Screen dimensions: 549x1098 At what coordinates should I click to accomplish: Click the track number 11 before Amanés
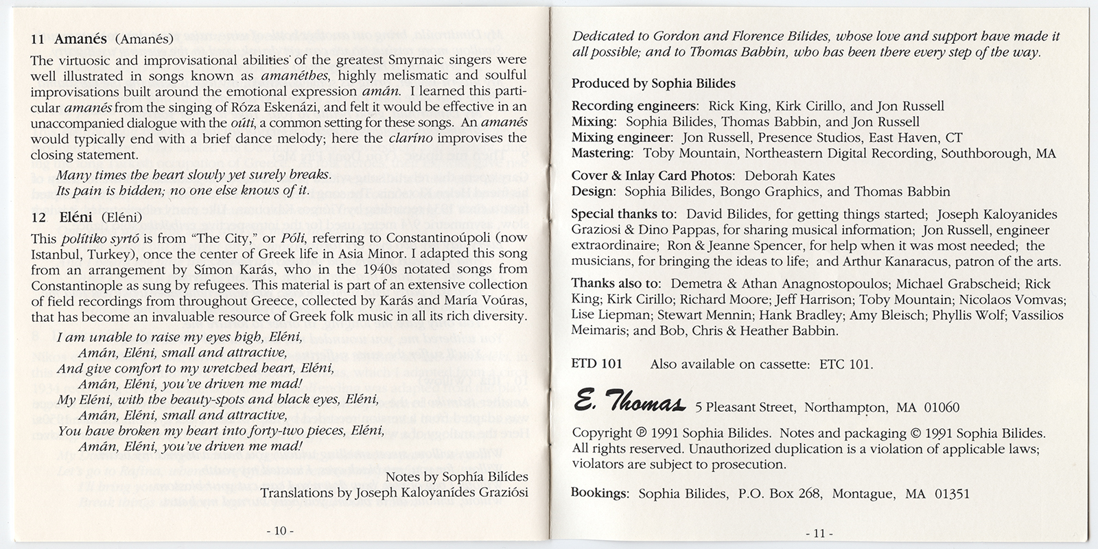38,39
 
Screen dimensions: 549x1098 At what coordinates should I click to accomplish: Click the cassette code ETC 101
845,364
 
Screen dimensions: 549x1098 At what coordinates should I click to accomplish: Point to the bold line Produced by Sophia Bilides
653,83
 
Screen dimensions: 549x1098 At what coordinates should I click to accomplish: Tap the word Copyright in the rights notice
601,433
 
